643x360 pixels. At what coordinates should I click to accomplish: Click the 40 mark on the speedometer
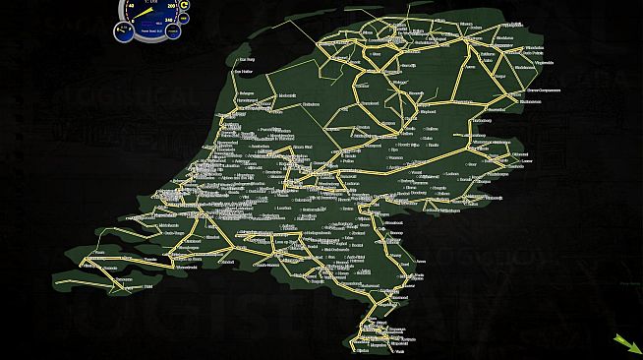130,7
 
